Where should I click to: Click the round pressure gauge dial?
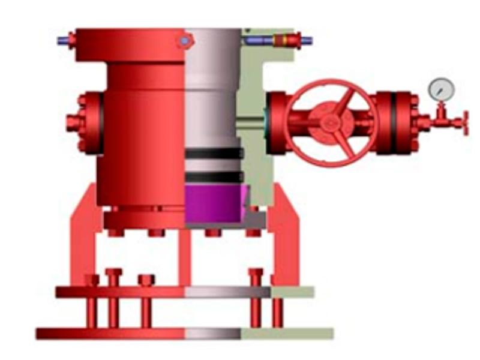coord(441,89)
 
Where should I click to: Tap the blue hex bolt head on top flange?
coord(184,41)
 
